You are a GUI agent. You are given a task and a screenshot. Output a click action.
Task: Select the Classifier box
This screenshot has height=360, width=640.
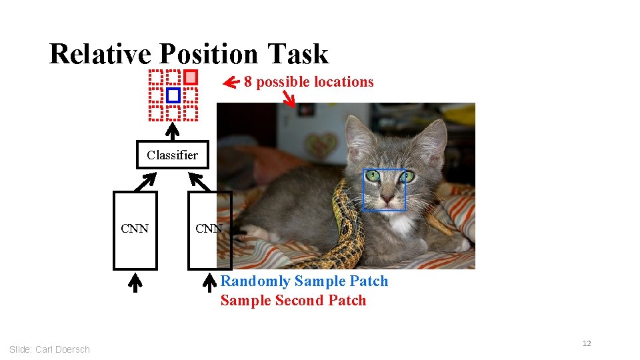(172, 155)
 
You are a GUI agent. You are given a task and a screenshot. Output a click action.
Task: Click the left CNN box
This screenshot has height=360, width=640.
(135, 230)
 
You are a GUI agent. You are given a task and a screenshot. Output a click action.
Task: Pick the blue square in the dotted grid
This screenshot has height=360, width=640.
(173, 95)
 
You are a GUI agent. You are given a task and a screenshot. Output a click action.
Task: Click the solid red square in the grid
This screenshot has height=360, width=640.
(191, 77)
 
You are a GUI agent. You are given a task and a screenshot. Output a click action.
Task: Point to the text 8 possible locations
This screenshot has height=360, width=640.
(309, 82)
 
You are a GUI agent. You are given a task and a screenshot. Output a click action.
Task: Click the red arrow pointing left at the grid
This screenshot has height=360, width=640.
(231, 83)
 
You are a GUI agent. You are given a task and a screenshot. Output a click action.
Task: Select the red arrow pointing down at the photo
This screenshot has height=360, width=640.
(289, 99)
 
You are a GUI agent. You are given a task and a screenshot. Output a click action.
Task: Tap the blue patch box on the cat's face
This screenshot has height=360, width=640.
(384, 190)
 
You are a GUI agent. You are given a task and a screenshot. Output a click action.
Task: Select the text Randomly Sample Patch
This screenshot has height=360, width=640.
(304, 281)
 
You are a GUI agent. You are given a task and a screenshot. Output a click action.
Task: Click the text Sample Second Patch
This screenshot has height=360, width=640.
(293, 301)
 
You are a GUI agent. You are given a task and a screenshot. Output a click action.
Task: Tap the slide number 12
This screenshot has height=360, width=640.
(587, 343)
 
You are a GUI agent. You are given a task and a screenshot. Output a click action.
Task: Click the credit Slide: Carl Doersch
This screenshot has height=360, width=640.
(49, 349)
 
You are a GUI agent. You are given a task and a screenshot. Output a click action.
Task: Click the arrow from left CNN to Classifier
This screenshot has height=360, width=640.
(148, 179)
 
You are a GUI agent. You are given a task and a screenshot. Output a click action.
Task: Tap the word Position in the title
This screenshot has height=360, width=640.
(209, 54)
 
